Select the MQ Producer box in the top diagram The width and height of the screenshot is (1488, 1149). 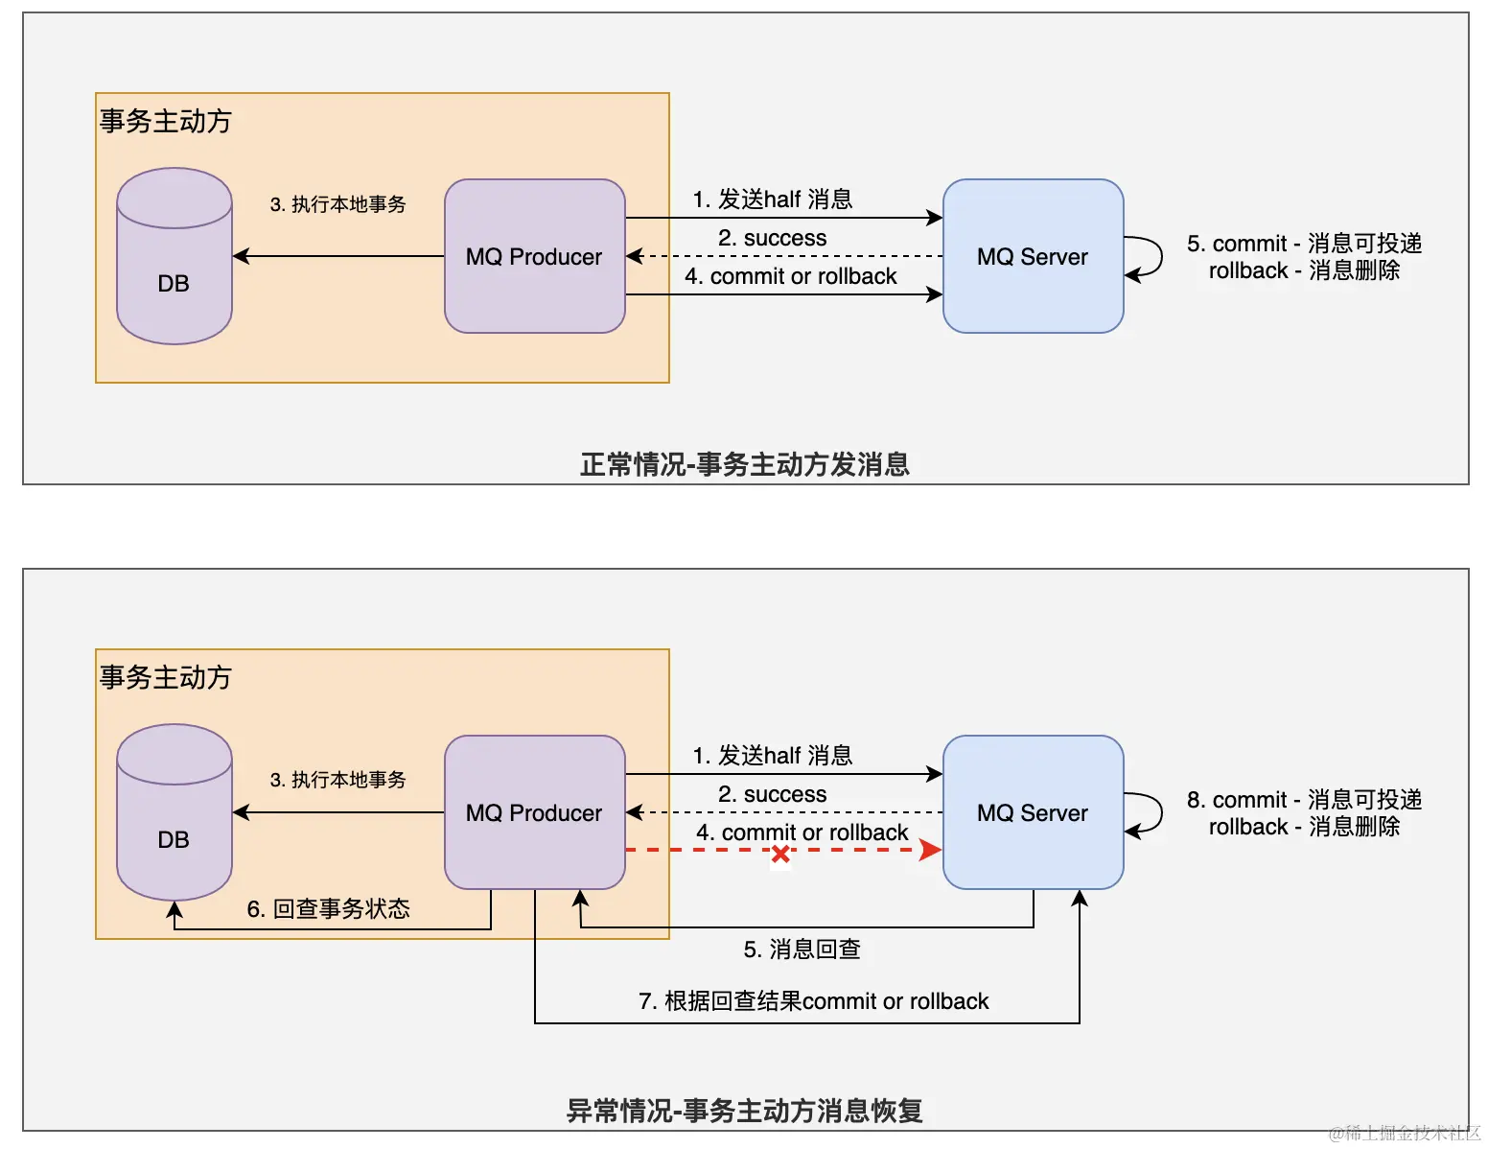coord(534,256)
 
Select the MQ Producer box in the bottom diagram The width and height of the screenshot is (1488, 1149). coord(534,812)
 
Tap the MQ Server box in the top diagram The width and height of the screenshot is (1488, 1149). coord(1033,256)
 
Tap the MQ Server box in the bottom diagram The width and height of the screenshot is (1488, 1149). coord(1033,812)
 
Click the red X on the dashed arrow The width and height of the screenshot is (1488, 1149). coord(780,854)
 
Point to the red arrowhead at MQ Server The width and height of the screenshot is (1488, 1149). coord(929,850)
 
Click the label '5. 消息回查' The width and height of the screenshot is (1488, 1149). coord(802,950)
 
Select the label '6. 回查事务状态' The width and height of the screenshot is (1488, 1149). coord(328,908)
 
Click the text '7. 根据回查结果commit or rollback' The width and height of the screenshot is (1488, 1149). coord(813,1001)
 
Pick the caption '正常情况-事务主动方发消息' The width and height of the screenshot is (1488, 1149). coord(744,464)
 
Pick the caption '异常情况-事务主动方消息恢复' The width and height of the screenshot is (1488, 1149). coord(744,1111)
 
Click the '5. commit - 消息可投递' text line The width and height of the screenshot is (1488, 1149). coord(1304,244)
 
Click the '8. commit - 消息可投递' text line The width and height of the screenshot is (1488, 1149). coord(1304,800)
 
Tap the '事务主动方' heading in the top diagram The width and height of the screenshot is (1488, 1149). coord(166,121)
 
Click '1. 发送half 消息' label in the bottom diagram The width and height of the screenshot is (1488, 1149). coord(772,756)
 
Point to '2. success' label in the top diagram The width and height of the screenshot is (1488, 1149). coord(772,238)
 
